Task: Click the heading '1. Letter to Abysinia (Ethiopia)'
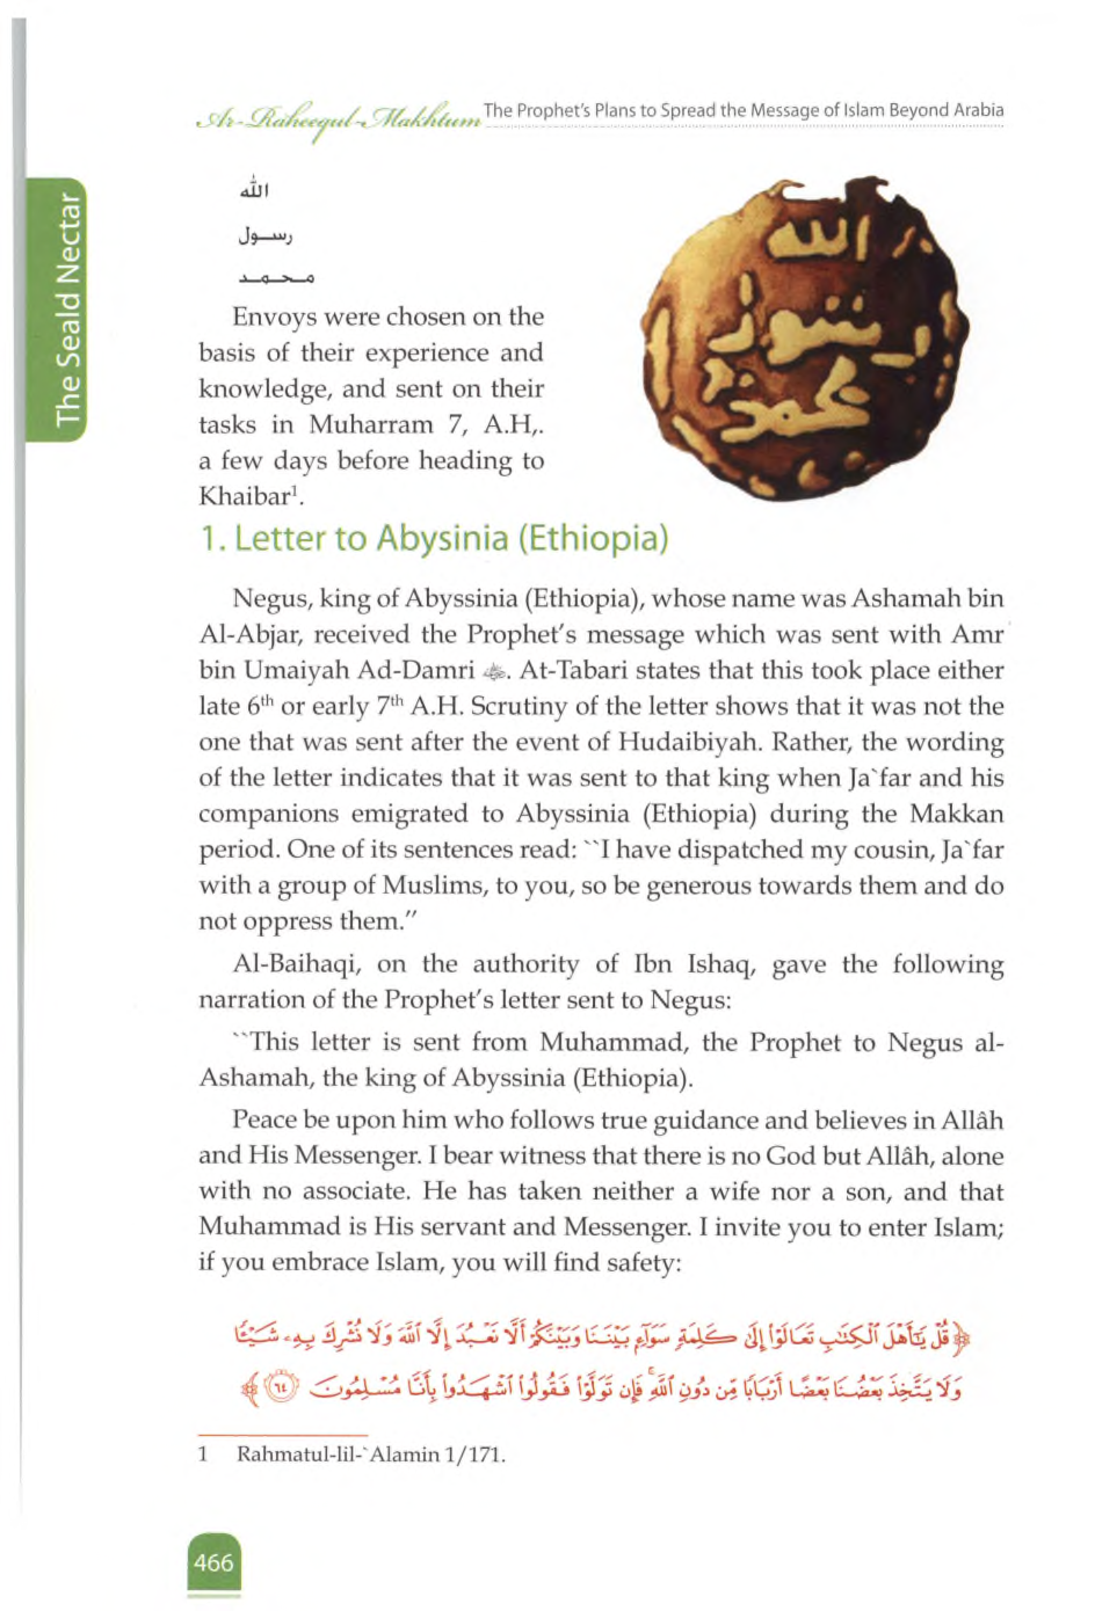pos(433,539)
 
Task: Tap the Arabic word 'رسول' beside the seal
pos(266,237)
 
